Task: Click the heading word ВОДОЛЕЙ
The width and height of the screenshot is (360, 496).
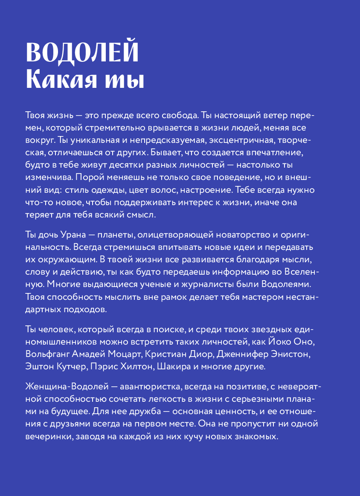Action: click(x=82, y=52)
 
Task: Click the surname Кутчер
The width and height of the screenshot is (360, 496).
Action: click(x=70, y=366)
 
